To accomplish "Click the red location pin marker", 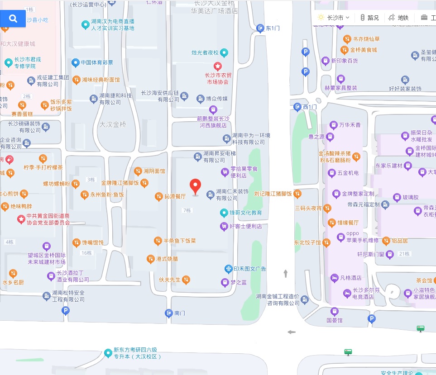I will pyautogui.click(x=195, y=186).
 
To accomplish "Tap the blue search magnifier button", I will pyautogui.click(x=13, y=18).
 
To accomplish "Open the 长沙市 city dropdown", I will pyautogui.click(x=335, y=18).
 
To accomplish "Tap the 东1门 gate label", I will pyautogui.click(x=273, y=28).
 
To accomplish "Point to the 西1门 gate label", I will pyautogui.click(x=310, y=107).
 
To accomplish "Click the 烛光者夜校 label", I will pyautogui.click(x=205, y=52).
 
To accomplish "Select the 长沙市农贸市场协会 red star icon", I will pyautogui.click(x=217, y=66).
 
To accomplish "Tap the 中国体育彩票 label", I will pyautogui.click(x=97, y=62).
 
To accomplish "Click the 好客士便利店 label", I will pyautogui.click(x=245, y=226).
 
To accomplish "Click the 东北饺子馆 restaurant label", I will pyautogui.click(x=307, y=242).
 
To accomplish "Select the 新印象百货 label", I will pyautogui.click(x=345, y=60).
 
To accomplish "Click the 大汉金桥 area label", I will pyautogui.click(x=113, y=124).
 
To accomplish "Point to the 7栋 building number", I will pyautogui.click(x=187, y=210).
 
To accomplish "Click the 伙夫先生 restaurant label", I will pyautogui.click(x=170, y=280).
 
